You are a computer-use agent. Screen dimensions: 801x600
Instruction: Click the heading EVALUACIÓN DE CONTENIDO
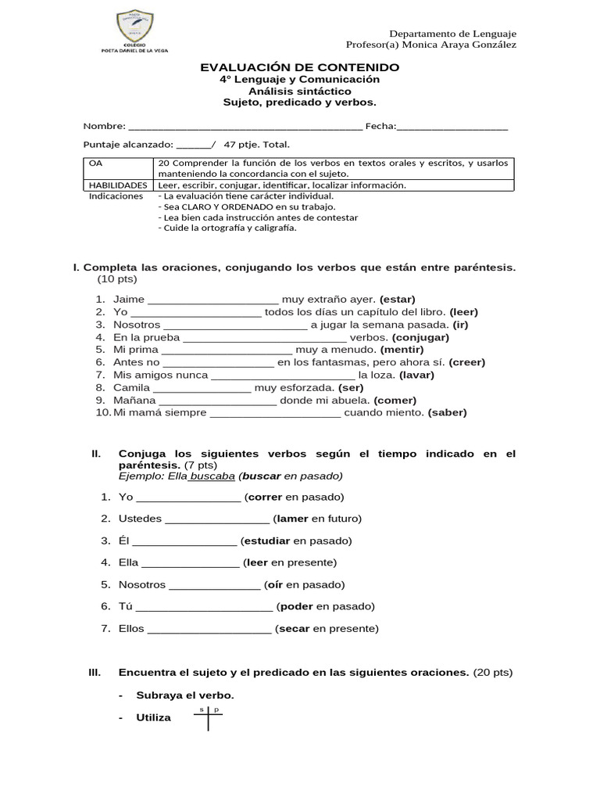point(300,67)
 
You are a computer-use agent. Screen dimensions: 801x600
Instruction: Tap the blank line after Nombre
point(245,127)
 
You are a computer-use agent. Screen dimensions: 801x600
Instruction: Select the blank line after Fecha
point(452,127)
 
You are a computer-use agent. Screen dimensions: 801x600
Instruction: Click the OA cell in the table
point(96,163)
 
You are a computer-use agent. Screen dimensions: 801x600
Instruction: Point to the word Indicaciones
point(116,196)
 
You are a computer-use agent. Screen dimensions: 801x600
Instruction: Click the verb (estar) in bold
point(398,299)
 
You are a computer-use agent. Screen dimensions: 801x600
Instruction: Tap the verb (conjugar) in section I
point(421,337)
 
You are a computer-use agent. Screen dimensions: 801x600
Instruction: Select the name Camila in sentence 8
point(131,387)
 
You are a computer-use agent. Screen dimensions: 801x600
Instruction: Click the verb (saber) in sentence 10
point(447,413)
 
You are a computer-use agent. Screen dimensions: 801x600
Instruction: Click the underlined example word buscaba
point(212,476)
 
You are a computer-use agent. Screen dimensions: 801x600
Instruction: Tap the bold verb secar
point(294,628)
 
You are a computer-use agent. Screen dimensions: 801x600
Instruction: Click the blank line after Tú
point(204,607)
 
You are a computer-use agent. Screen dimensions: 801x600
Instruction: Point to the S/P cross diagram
point(209,717)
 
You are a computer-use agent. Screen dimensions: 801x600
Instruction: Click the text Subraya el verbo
point(185,695)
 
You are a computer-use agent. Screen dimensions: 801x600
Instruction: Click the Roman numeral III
point(95,672)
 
